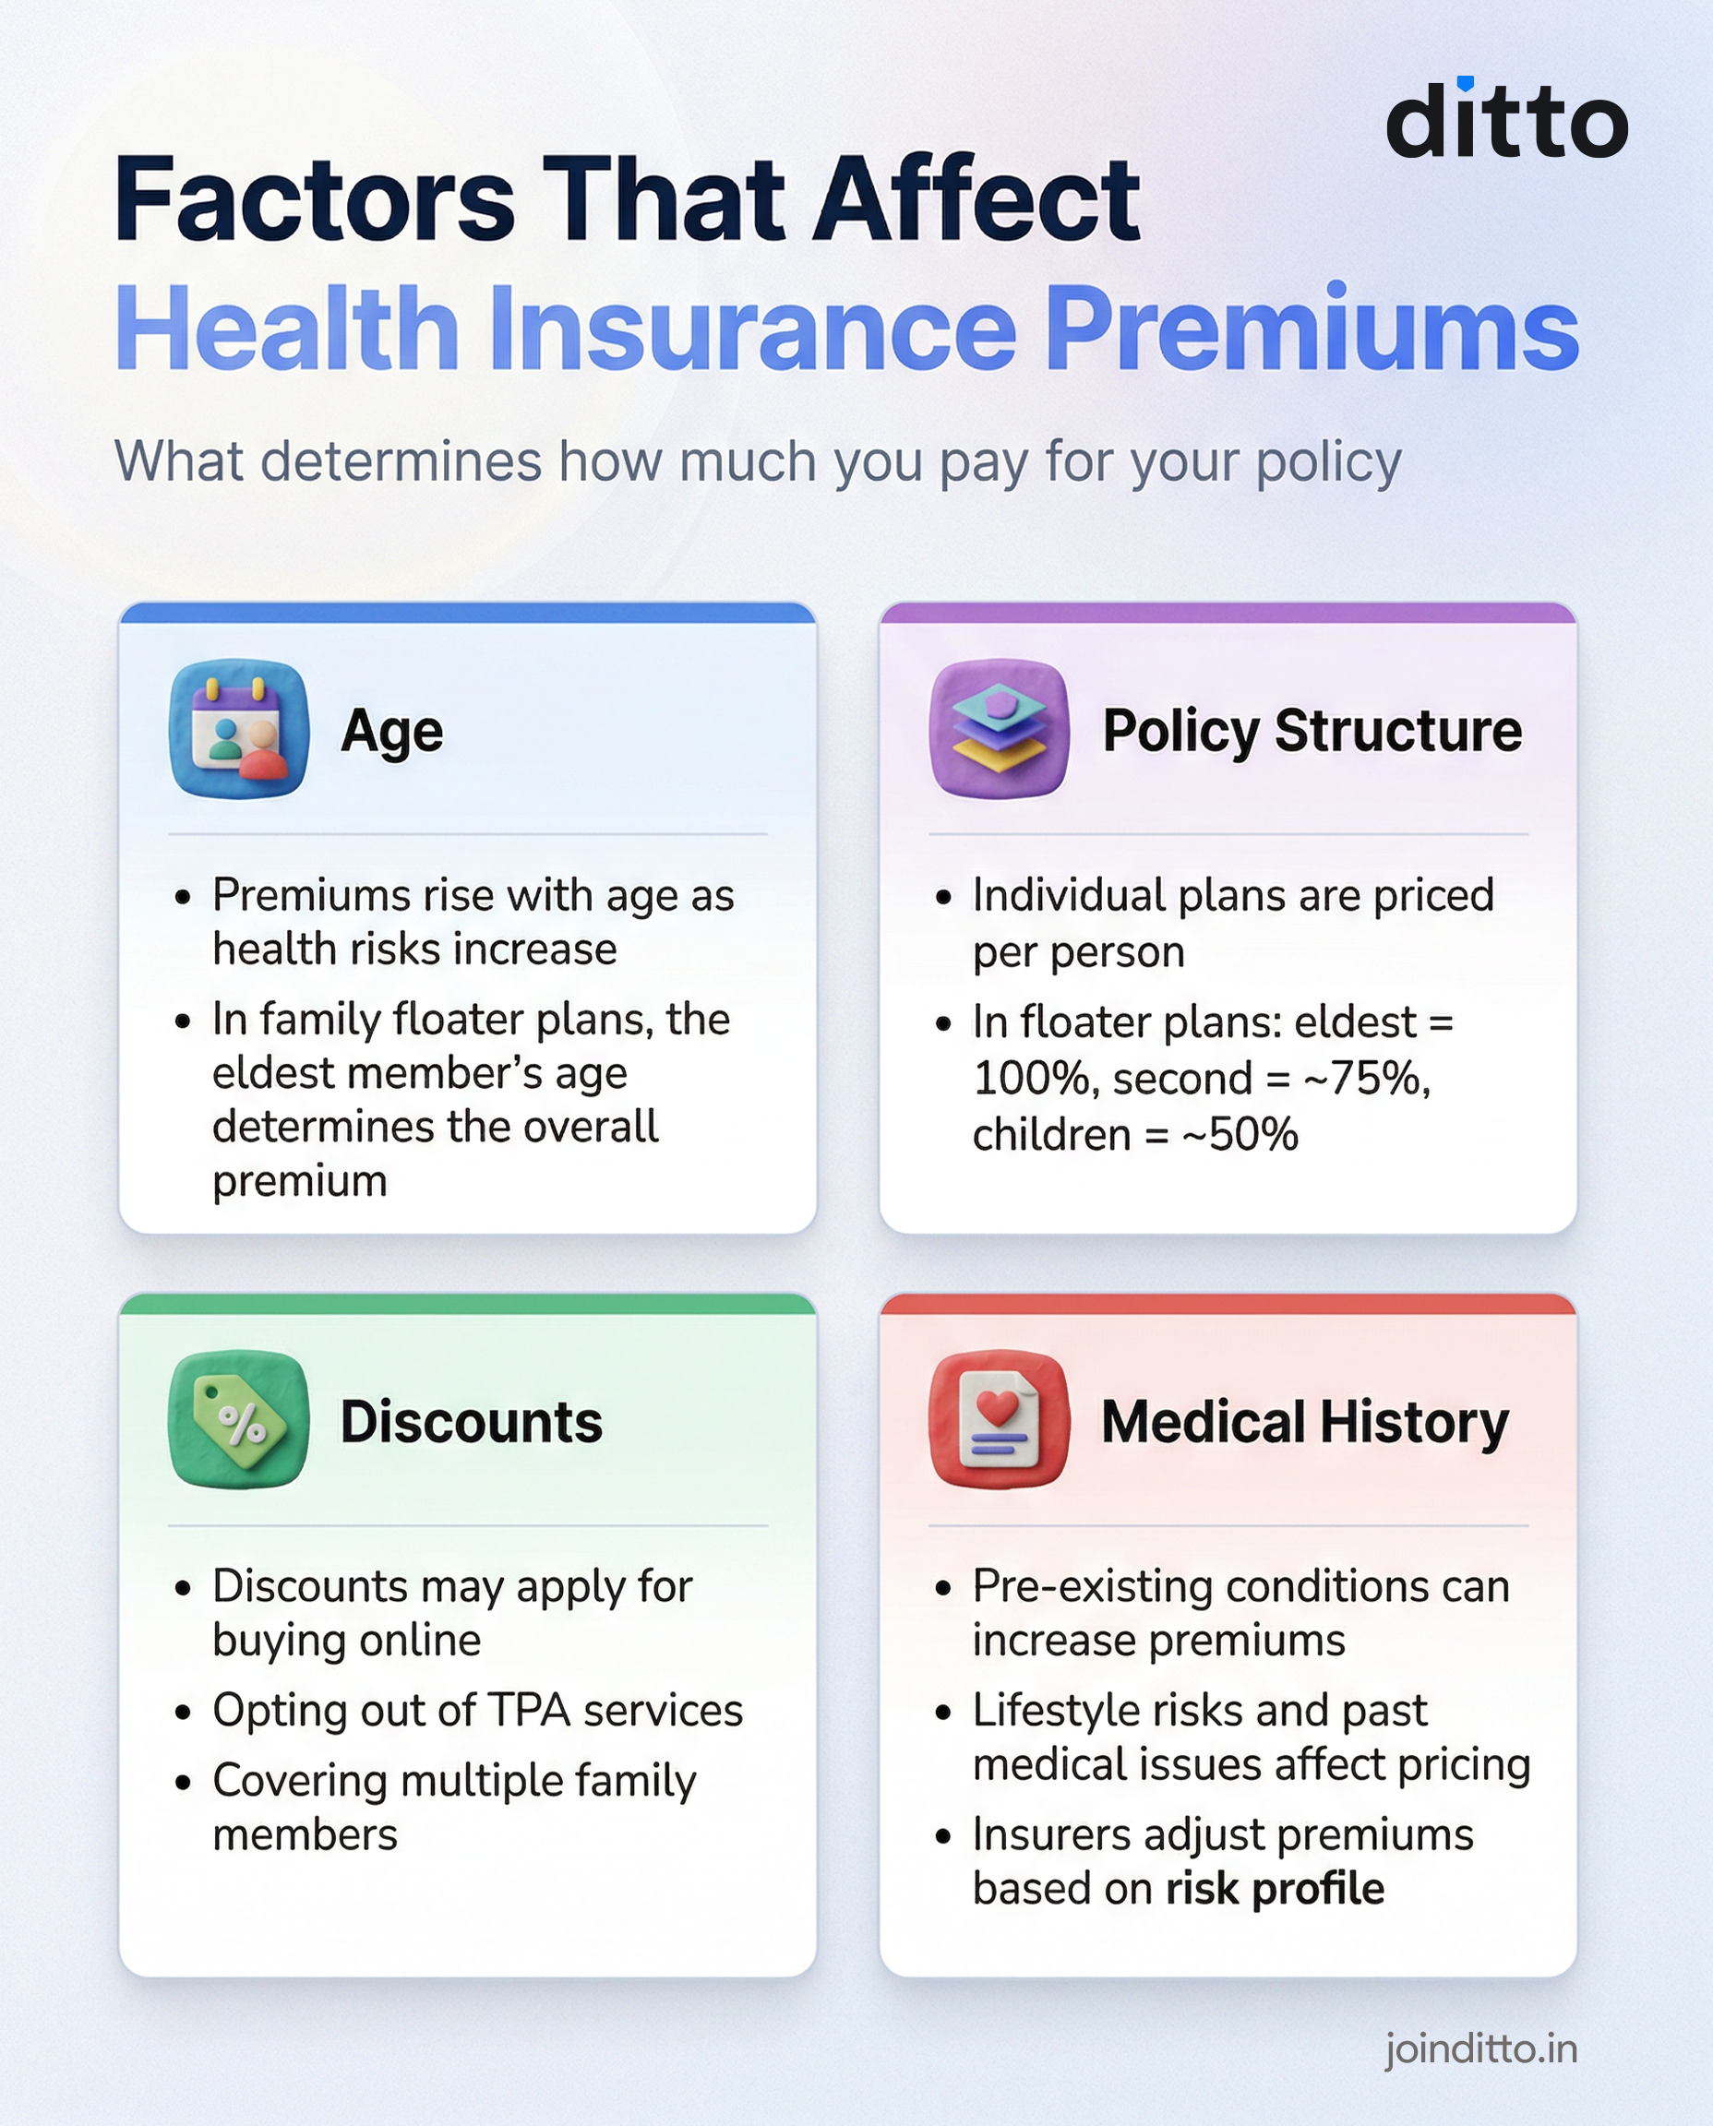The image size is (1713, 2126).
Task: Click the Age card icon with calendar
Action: (239, 729)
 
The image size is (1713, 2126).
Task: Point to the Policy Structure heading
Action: (1312, 731)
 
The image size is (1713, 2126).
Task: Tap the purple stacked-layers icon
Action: (999, 729)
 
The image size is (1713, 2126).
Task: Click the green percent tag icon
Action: (239, 1419)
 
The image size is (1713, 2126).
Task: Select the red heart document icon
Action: (999, 1419)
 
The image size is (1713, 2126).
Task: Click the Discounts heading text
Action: (471, 1423)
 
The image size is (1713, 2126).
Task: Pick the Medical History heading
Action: (1304, 1423)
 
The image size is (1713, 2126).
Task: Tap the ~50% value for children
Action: (1240, 1135)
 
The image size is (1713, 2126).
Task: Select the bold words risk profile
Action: (1275, 1888)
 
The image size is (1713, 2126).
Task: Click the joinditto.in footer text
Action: (1480, 2049)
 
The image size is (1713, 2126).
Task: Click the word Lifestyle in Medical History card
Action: (1051, 1711)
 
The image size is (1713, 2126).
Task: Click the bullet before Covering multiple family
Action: (183, 1783)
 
